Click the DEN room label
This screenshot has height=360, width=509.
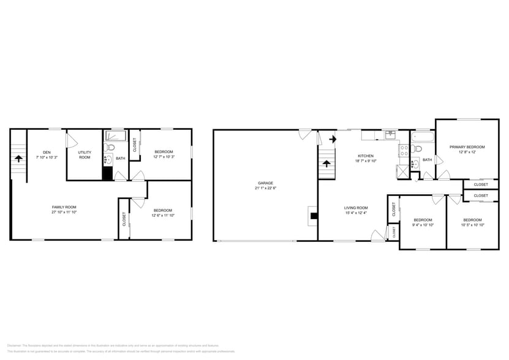click(x=47, y=152)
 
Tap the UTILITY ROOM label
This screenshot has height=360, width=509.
click(x=85, y=154)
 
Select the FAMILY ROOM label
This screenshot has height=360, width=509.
click(x=64, y=207)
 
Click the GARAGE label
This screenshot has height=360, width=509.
click(x=265, y=182)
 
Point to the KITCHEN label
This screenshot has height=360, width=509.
click(x=366, y=156)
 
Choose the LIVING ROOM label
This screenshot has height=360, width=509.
click(x=355, y=208)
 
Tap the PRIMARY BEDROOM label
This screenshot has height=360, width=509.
click(x=467, y=147)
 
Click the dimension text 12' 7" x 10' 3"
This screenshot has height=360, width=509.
click(x=164, y=157)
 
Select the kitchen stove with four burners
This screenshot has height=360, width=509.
click(x=404, y=148)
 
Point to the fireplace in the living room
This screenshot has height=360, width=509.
click(x=313, y=215)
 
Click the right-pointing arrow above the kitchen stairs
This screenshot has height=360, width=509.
click(x=333, y=139)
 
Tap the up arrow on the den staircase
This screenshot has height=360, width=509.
click(x=18, y=157)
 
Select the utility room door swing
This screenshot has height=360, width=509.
click(x=72, y=141)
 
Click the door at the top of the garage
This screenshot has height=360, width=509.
click(x=304, y=133)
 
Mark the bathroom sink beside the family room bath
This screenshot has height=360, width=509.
click(x=108, y=161)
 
